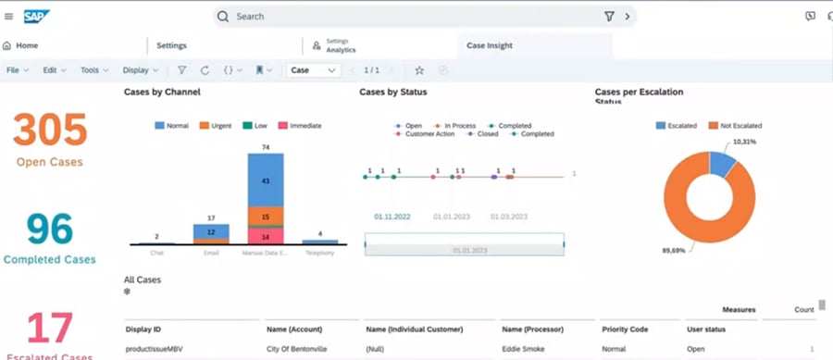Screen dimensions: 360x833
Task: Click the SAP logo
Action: [36, 16]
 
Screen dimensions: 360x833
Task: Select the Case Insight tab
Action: [490, 45]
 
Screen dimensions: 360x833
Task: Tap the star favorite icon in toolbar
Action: [419, 70]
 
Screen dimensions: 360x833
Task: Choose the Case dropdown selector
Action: [313, 70]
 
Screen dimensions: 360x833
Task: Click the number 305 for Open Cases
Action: [50, 130]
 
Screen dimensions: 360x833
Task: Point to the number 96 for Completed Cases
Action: [50, 229]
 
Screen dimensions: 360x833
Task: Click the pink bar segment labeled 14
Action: [265, 237]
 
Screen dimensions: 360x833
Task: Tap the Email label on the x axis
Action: [211, 251]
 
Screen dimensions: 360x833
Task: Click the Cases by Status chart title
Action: [392, 93]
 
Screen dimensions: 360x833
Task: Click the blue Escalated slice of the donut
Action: [722, 164]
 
